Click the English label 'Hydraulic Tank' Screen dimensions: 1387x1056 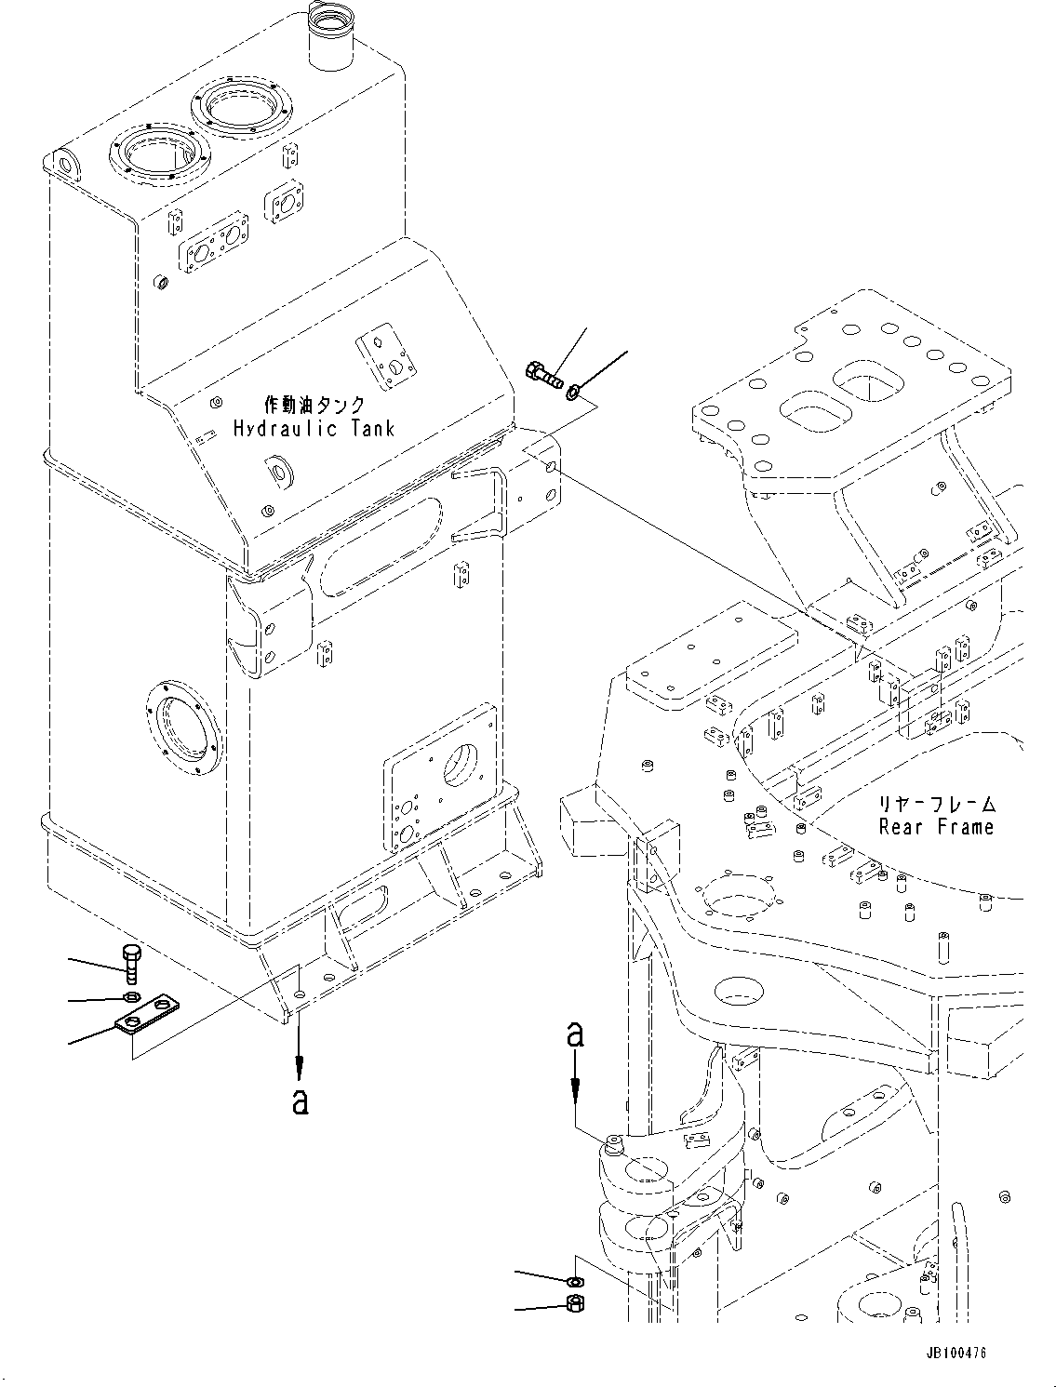click(313, 429)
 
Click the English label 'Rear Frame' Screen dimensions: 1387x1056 click(935, 827)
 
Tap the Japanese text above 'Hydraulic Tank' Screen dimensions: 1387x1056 click(314, 405)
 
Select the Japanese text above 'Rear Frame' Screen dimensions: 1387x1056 click(937, 803)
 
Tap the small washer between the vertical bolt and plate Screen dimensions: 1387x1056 click(131, 998)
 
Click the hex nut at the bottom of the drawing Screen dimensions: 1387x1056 click(574, 1304)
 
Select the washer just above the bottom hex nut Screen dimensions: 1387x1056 click(574, 1282)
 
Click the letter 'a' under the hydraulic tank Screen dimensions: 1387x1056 click(299, 1101)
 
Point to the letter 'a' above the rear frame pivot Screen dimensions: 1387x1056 click(576, 1034)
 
